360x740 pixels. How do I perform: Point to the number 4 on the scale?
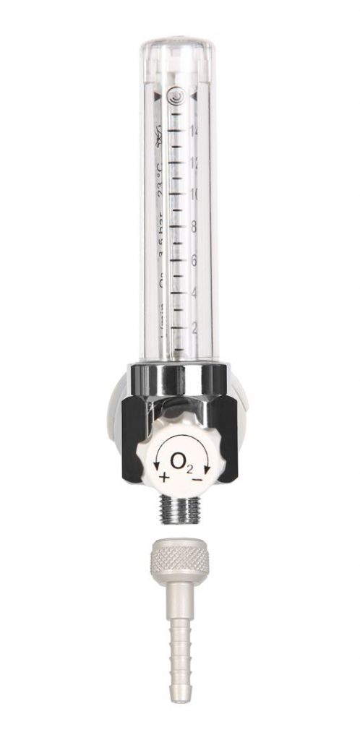pos(193,294)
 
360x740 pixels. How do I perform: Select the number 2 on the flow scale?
pos(193,327)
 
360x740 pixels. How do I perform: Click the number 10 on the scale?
pos(194,194)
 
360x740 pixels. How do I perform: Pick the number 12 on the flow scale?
pos(194,162)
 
